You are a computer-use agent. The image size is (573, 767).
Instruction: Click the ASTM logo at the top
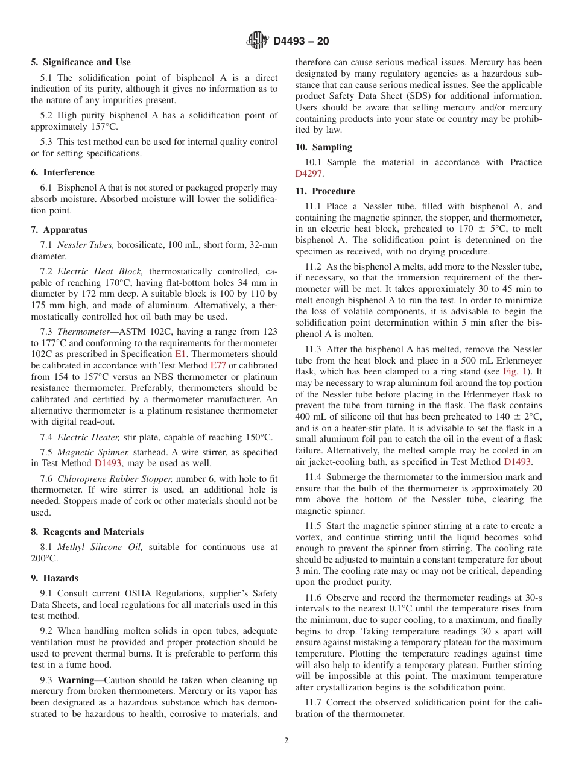tap(258, 41)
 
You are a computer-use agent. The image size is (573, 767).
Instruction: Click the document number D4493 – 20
tap(301, 42)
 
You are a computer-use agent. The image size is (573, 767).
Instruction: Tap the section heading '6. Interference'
tap(63, 172)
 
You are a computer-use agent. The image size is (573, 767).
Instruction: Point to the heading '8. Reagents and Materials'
tap(87, 532)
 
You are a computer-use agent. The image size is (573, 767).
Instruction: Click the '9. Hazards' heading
tap(55, 578)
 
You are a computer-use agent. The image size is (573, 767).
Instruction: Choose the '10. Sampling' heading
tap(324, 147)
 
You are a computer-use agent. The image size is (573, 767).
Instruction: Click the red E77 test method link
tap(218, 365)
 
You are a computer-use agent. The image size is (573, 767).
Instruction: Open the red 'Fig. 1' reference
tap(514, 371)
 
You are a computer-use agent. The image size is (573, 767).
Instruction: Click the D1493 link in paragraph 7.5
tap(108, 463)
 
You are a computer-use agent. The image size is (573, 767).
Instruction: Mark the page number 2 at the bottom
tap(286, 741)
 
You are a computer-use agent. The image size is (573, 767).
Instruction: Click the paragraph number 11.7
tap(314, 702)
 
